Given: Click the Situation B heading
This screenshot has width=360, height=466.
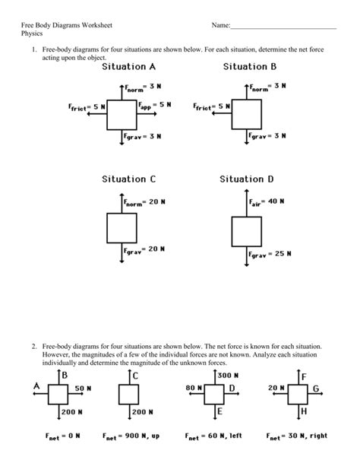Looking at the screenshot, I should (250, 67).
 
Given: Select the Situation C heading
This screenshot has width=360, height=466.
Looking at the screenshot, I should (128, 179).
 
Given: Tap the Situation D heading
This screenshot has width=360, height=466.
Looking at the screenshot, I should (247, 179).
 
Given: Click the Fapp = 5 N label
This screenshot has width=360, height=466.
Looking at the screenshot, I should (155, 104).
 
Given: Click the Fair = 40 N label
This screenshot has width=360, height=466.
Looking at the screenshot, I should (267, 201).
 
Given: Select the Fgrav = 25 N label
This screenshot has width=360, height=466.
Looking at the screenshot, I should (270, 254).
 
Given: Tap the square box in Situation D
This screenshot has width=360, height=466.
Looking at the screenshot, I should (245, 230).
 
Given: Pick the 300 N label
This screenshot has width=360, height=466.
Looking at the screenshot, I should (229, 376).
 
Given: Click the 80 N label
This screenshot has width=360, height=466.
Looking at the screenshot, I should (192, 388).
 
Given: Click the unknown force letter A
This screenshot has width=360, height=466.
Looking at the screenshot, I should (36, 387).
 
